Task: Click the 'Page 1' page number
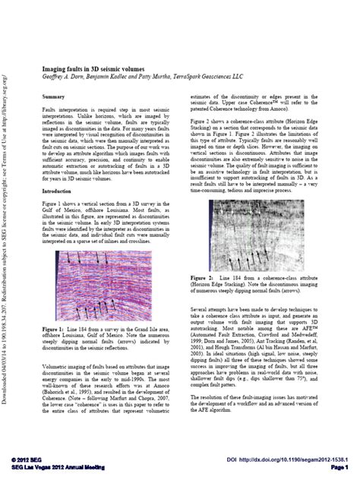338,469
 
